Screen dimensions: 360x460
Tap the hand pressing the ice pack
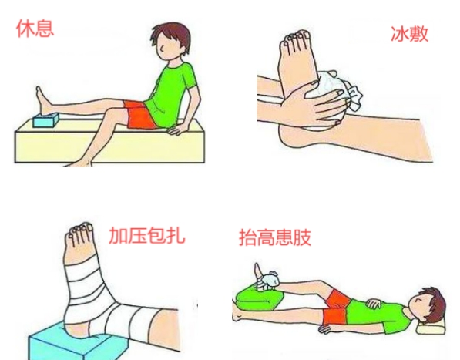(307, 104)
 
